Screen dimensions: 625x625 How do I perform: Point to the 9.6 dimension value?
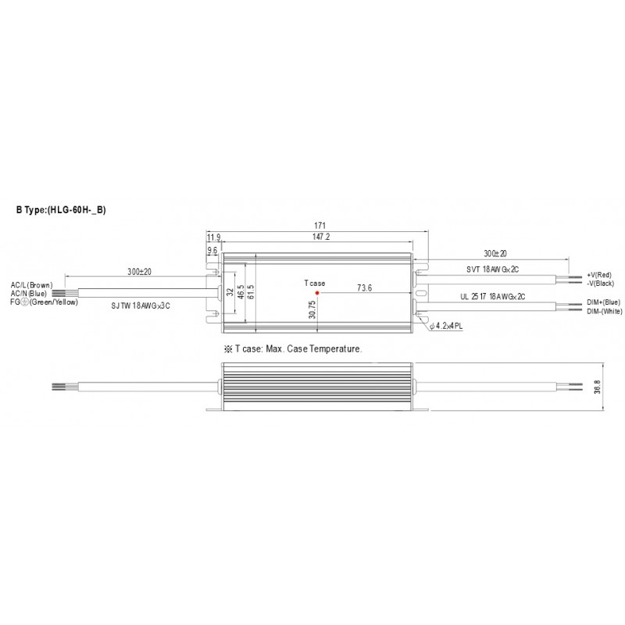click(x=212, y=250)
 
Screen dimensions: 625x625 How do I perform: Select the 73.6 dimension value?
click(x=363, y=287)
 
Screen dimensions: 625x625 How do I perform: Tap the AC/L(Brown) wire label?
click(x=31, y=285)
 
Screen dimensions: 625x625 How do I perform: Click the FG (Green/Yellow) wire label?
click(x=39, y=301)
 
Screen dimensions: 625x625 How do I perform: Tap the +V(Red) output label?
click(x=599, y=277)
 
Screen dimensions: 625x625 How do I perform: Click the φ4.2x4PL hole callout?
click(x=446, y=325)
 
